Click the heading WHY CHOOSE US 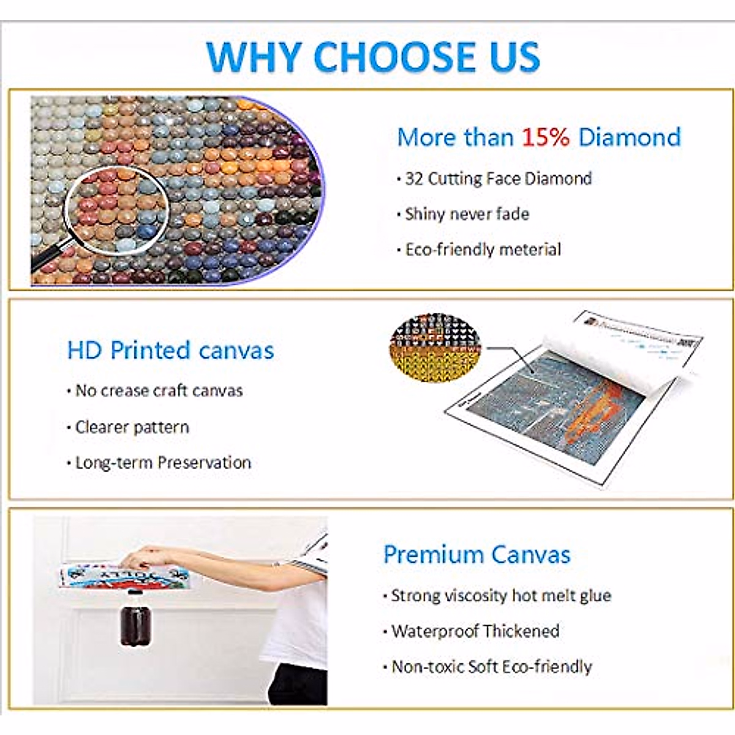coord(373,56)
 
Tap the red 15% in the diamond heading coord(546,137)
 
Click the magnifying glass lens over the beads coord(117,210)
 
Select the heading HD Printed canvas coord(170,350)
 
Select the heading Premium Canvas coord(477,554)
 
